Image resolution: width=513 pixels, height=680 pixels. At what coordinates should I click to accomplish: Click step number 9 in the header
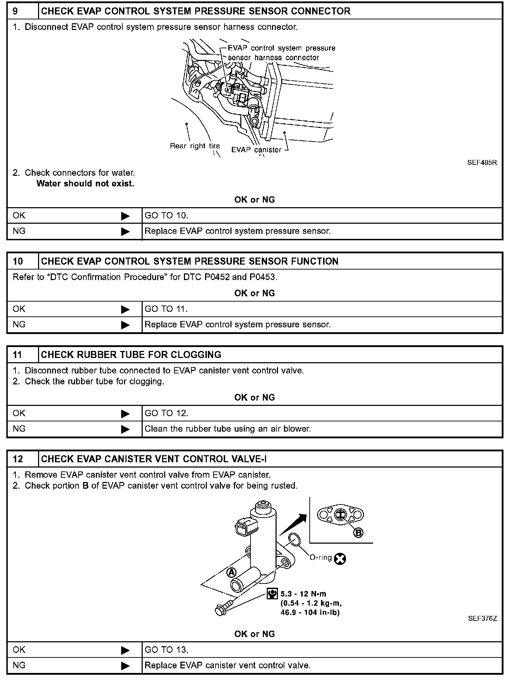16,11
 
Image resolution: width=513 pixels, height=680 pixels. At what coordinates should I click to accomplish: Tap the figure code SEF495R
482,163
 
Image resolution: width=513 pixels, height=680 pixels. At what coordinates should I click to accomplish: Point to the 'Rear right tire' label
194,146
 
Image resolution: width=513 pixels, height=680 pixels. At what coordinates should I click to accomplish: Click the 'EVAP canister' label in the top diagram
256,150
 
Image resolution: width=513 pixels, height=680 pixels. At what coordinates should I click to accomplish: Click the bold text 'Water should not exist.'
85,184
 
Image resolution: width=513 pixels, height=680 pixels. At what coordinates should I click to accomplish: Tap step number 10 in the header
18,261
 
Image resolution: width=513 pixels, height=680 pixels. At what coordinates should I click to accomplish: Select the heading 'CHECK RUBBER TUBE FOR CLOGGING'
131,355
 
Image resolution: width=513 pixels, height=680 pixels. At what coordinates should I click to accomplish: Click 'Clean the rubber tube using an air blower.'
228,429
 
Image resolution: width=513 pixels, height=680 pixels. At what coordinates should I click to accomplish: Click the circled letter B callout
358,533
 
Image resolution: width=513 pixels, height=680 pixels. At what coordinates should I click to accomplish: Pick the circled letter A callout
231,573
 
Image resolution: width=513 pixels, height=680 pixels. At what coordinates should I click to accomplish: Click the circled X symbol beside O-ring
340,559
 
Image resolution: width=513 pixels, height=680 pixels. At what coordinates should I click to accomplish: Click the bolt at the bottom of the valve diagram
222,610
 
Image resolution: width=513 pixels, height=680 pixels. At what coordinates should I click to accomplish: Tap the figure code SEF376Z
482,618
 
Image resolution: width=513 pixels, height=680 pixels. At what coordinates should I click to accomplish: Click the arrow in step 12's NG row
125,666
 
